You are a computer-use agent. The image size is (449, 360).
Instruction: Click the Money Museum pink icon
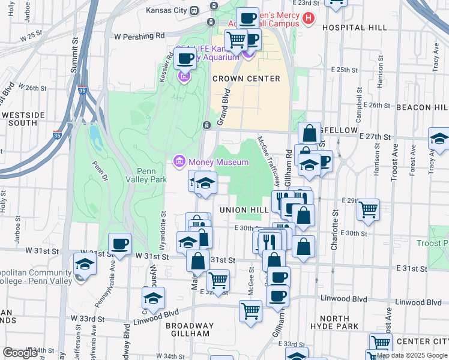pyautogui.click(x=179, y=162)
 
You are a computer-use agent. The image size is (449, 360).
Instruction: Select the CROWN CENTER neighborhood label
pyautogui.click(x=246, y=79)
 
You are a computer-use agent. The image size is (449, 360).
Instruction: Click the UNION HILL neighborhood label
pyautogui.click(x=244, y=210)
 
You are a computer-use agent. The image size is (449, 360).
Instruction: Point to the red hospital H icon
pyautogui.click(x=309, y=18)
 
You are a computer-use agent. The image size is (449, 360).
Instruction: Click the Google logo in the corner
pyautogui.click(x=20, y=353)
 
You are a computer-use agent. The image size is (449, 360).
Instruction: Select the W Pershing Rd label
pyautogui.click(x=139, y=36)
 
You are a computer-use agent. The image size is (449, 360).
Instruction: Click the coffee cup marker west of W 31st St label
pyautogui.click(x=119, y=244)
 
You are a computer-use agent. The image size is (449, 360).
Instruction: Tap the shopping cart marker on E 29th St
pyautogui.click(x=368, y=209)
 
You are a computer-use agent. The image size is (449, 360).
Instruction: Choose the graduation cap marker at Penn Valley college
pyautogui.click(x=85, y=264)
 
